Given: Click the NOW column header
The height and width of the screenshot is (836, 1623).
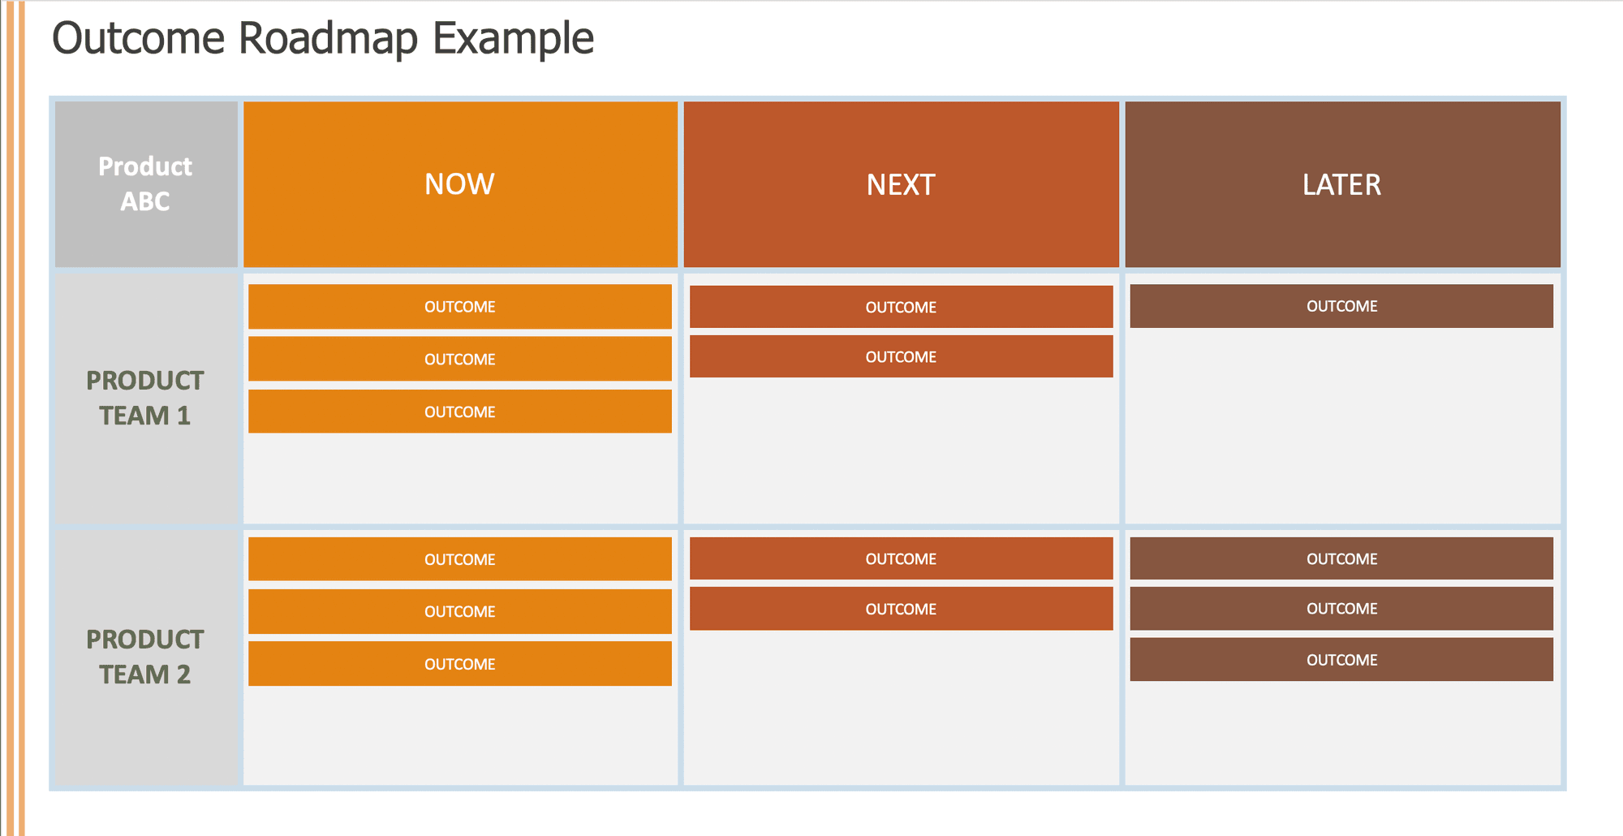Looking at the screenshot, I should [x=460, y=184].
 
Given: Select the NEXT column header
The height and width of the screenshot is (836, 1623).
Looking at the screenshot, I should [x=901, y=184].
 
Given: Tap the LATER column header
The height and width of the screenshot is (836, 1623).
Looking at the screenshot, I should [x=1341, y=184].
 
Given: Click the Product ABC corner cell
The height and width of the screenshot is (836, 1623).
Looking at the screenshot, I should [x=145, y=184].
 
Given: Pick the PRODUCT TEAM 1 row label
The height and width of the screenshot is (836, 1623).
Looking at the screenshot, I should [x=145, y=398].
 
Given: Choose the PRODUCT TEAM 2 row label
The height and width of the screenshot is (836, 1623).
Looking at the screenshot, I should [x=145, y=657].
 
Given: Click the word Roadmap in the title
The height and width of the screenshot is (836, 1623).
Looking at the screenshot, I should [x=328, y=38].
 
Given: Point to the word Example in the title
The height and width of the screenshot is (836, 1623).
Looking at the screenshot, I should [x=513, y=38].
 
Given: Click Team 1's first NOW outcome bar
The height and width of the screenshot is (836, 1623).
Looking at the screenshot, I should [x=460, y=307].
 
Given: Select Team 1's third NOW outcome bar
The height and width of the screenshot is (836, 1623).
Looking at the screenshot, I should [x=460, y=412].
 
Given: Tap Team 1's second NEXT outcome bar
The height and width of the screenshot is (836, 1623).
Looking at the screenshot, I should [x=901, y=357].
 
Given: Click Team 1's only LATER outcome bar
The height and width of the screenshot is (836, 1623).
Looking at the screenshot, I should [x=1341, y=306].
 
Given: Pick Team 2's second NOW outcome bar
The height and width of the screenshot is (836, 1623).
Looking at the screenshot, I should [x=460, y=611].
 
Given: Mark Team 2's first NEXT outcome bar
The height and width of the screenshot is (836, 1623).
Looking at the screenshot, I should [x=901, y=558].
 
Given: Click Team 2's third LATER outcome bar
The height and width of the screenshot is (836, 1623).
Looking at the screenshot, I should [x=1341, y=660].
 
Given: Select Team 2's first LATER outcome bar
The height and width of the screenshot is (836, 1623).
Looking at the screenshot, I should [x=1341, y=558].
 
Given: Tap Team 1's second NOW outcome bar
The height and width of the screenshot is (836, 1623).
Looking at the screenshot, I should [x=460, y=359].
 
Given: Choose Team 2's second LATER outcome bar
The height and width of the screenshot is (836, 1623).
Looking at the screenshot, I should [x=1341, y=609].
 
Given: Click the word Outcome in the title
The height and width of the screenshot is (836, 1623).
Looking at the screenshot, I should [x=139, y=38].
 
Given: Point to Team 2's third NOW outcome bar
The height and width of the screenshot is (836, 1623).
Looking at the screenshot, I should [x=460, y=664].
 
